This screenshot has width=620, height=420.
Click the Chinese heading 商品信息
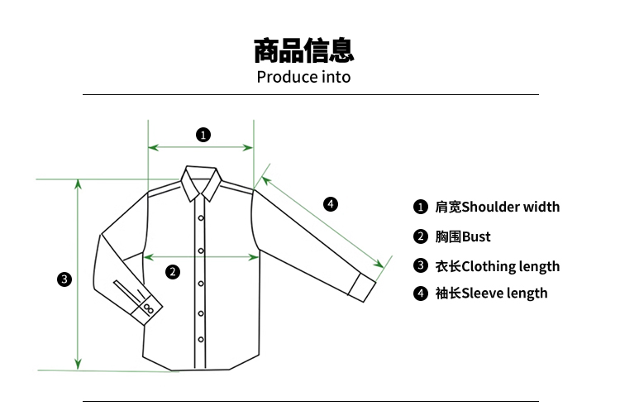[x=304, y=50]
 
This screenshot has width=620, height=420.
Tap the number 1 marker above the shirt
[x=203, y=134]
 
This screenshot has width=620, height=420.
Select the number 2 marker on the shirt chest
[x=173, y=271]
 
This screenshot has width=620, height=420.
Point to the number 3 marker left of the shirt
[x=64, y=279]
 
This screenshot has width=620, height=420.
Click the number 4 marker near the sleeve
[x=330, y=203]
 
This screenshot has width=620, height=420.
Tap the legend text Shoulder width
[x=510, y=207]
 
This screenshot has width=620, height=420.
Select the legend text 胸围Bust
[x=463, y=236]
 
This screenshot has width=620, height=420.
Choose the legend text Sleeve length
[x=504, y=293]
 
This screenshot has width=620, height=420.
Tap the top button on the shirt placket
[x=200, y=218]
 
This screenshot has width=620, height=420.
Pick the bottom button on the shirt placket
[x=200, y=339]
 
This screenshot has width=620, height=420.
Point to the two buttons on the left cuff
[x=148, y=308]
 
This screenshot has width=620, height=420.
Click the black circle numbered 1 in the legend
[x=421, y=207]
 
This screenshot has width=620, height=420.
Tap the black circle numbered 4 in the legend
[x=421, y=293]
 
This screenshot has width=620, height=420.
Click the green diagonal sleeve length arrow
[x=322, y=221]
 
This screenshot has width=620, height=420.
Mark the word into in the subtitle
[x=336, y=78]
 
